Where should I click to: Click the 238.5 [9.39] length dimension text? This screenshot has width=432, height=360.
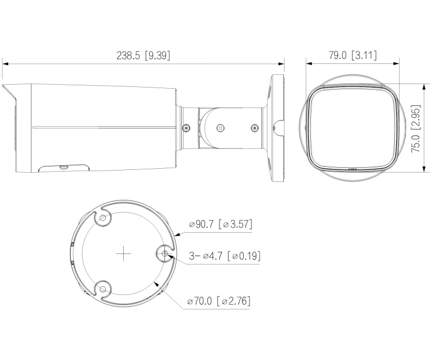(143, 55)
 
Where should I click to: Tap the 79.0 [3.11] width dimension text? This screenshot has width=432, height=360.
(353, 55)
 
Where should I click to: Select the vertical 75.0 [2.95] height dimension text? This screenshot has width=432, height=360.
(416, 128)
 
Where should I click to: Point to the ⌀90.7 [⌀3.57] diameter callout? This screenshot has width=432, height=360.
(221, 224)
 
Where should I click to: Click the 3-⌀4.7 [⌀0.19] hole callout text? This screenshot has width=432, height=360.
(225, 256)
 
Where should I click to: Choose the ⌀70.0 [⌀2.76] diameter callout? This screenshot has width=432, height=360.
(219, 301)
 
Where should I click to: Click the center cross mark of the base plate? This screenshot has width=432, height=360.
(123, 253)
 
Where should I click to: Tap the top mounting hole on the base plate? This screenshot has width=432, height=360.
(103, 218)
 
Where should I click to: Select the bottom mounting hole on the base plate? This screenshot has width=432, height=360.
(103, 289)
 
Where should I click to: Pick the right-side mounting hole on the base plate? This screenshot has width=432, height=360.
(165, 253)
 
